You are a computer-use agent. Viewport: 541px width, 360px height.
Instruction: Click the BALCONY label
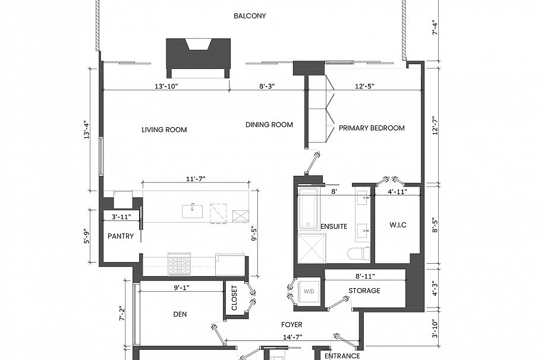point(250,16)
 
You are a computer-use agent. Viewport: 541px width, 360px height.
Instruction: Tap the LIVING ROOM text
point(164,130)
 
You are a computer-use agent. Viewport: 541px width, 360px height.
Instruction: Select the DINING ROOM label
point(269,125)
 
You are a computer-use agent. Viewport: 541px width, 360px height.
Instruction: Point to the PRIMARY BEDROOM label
point(372,128)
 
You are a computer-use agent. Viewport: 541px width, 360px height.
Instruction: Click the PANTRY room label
point(121,236)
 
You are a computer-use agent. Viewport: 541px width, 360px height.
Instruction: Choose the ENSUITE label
point(334,226)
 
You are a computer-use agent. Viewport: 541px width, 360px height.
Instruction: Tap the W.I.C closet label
point(398,225)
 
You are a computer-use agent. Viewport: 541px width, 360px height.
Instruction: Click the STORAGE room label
point(364,290)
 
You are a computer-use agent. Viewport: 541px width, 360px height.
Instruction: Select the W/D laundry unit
point(309,291)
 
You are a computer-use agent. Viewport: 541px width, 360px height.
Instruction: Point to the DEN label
point(180,314)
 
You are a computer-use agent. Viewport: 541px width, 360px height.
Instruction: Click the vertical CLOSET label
point(234,298)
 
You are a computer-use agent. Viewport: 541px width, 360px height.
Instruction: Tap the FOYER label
point(291,324)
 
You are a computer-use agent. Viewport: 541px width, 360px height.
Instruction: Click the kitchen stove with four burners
point(179,264)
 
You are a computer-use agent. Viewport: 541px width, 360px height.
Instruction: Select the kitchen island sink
point(193,211)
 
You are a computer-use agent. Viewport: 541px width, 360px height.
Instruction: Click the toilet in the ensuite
point(358,254)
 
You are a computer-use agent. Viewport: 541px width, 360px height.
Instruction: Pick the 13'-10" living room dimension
point(166,86)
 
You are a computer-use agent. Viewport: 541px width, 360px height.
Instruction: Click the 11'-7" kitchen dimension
point(196,179)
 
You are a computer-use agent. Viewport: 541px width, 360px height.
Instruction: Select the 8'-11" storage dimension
point(365,276)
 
